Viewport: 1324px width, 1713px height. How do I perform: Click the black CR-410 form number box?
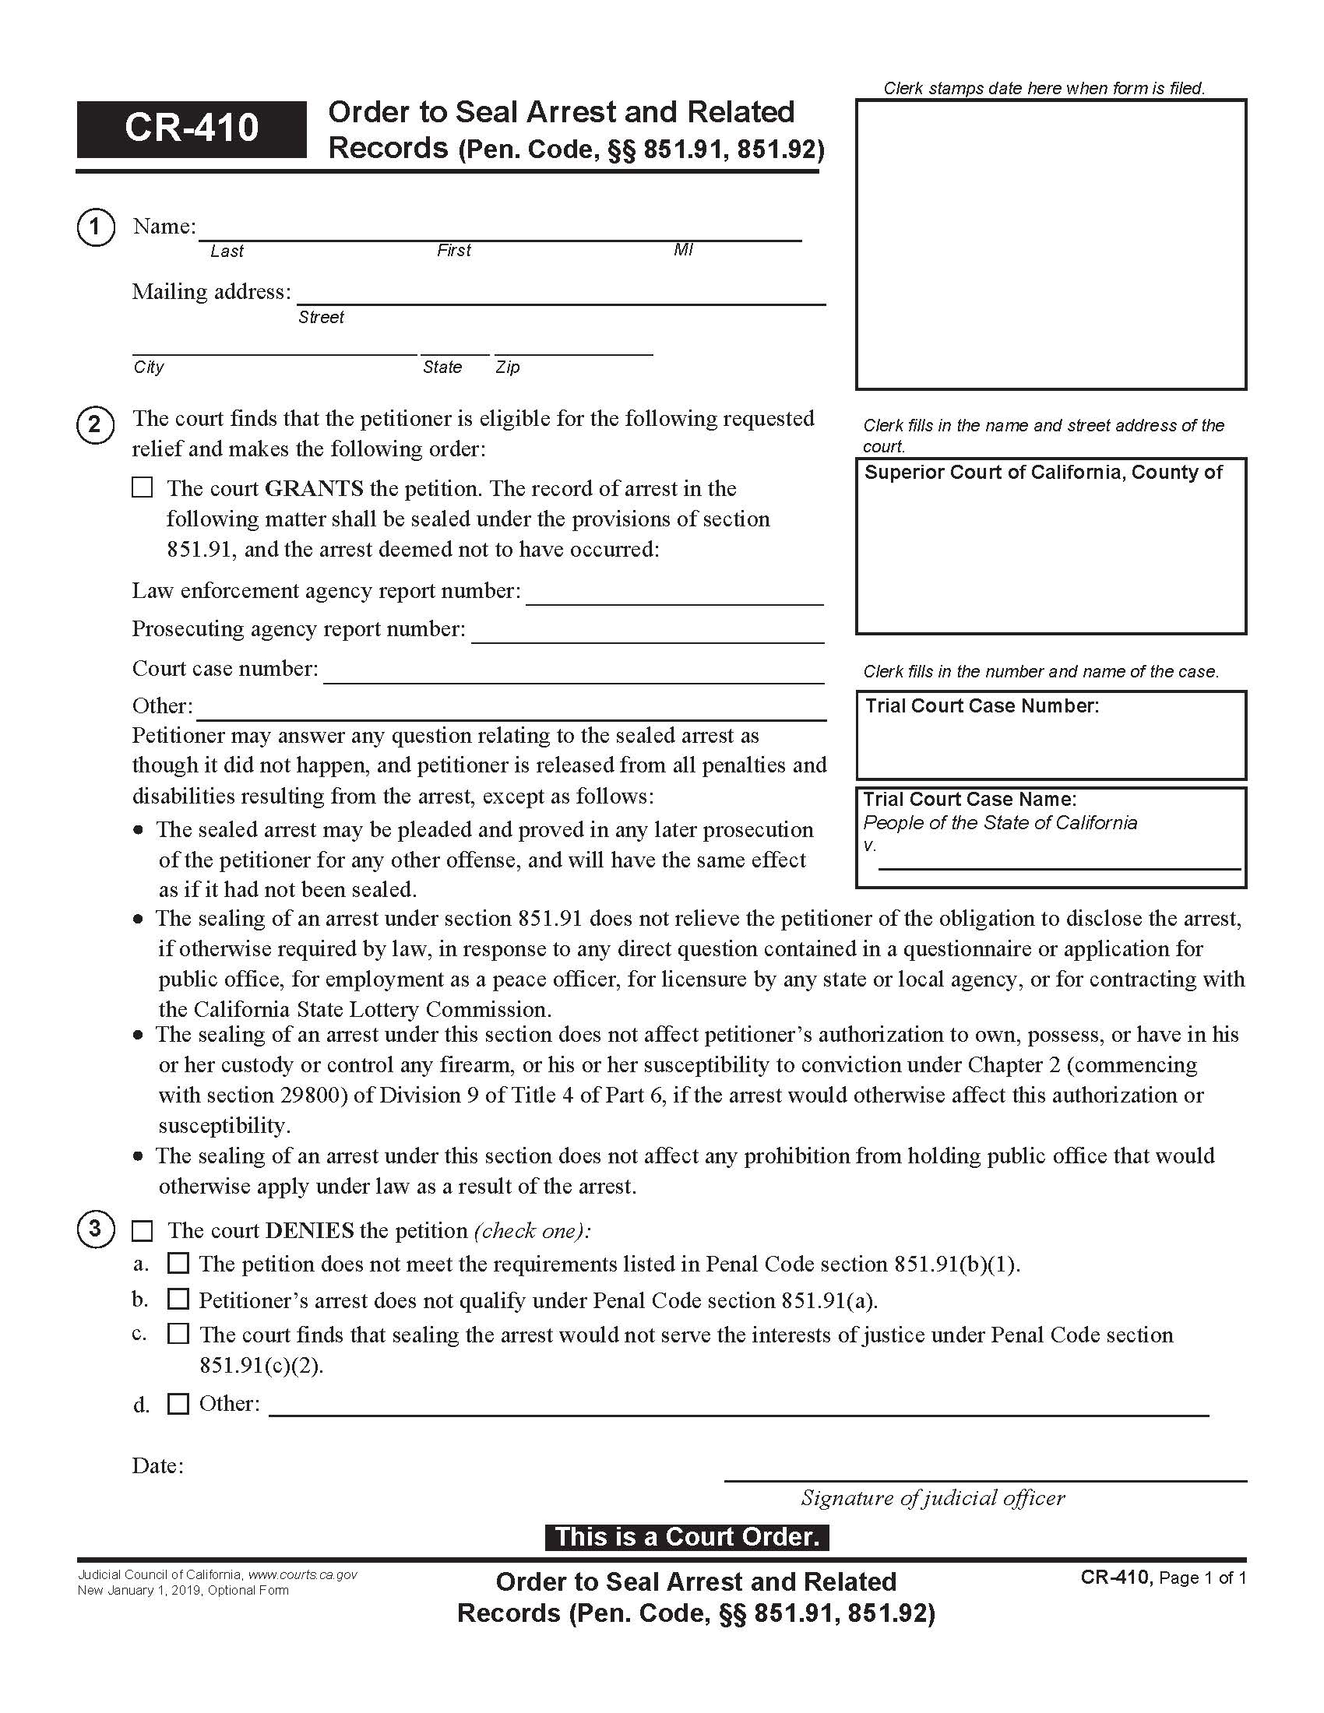[192, 128]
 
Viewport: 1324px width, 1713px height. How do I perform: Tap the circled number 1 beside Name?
[96, 227]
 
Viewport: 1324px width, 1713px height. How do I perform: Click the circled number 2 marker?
[96, 425]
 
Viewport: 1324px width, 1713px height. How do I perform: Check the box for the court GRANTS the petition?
[142, 488]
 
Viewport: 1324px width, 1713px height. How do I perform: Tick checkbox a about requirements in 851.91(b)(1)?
[179, 1263]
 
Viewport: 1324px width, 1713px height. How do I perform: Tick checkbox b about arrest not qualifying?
[179, 1299]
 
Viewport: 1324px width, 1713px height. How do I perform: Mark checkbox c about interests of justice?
[179, 1333]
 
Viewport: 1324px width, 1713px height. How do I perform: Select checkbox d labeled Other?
[179, 1403]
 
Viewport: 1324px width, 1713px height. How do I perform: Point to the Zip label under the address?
[508, 367]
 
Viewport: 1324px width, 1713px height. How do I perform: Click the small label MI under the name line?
[683, 250]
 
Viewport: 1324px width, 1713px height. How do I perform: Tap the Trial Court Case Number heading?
[982, 706]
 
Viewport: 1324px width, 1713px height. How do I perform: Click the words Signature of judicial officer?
[932, 1498]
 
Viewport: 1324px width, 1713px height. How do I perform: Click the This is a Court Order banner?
[686, 1537]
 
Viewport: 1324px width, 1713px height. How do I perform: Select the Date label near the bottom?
[157, 1466]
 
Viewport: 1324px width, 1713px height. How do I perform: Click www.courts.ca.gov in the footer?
[303, 1575]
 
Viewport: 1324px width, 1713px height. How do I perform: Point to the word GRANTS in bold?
[314, 489]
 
